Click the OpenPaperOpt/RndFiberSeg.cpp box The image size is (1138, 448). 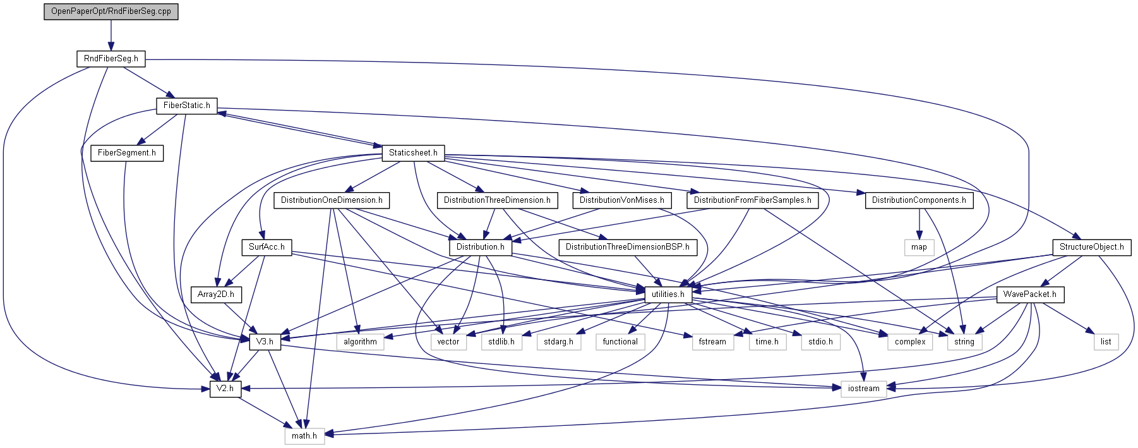point(111,11)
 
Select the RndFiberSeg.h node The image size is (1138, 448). point(111,59)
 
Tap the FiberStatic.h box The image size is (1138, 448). point(186,106)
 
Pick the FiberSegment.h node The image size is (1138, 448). point(126,153)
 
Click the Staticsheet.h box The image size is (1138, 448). point(413,153)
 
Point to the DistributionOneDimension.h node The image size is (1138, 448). point(332,200)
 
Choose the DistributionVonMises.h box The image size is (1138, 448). point(621,200)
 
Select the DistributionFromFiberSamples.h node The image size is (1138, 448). point(752,200)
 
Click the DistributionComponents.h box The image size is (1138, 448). point(919,200)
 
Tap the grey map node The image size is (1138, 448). point(919,247)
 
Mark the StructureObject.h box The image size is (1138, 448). point(1091,247)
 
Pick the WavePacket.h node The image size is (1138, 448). point(1029,294)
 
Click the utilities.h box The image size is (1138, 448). point(668,294)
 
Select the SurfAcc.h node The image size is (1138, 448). point(266,247)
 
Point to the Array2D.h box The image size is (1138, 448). point(215,294)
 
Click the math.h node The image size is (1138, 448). point(304,436)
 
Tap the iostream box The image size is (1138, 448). point(863,389)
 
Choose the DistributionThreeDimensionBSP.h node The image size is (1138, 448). point(627,247)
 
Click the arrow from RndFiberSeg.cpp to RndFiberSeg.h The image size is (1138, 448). point(111,35)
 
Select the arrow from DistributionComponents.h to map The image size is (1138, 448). point(919,224)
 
